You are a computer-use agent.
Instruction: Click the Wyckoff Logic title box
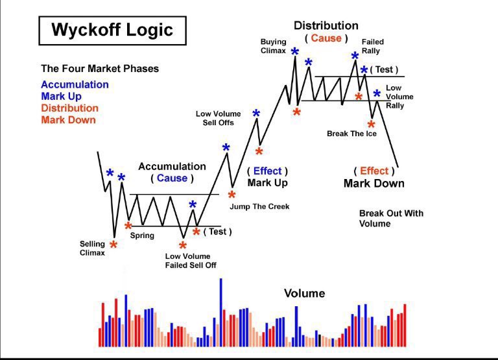[x=112, y=30]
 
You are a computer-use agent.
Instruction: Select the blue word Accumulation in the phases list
[x=75, y=84]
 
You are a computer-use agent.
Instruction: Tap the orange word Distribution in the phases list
[x=69, y=108]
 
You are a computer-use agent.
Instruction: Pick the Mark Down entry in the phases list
[x=68, y=119]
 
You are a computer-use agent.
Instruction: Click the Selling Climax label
[x=92, y=248]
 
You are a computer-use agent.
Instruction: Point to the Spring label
[x=142, y=235]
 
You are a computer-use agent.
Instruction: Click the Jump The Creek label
[x=259, y=206]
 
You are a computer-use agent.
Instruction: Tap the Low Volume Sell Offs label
[x=218, y=118]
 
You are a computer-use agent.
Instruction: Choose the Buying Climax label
[x=273, y=46]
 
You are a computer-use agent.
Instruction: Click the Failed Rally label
[x=372, y=46]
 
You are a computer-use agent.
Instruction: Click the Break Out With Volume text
[x=391, y=218]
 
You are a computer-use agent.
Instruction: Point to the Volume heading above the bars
[x=304, y=293]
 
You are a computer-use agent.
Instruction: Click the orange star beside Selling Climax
[x=113, y=245]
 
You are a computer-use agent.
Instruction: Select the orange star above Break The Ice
[x=371, y=125]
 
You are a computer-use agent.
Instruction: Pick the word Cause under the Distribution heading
[x=326, y=38]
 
